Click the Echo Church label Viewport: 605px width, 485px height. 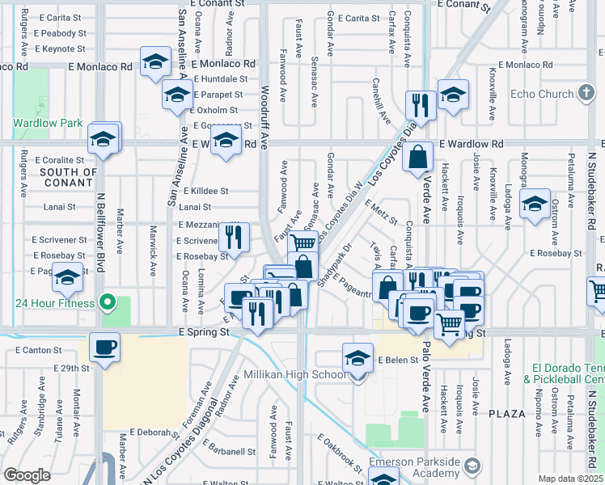click(543, 94)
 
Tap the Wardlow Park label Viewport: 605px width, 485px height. click(48, 124)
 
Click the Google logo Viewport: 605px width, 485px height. click(27, 475)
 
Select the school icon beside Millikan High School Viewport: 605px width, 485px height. click(357, 358)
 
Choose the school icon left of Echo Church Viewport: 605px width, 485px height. click(453, 95)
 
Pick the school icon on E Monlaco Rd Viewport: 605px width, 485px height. click(154, 61)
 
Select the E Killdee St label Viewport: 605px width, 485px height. click(205, 192)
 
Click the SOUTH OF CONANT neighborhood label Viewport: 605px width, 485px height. click(69, 177)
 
